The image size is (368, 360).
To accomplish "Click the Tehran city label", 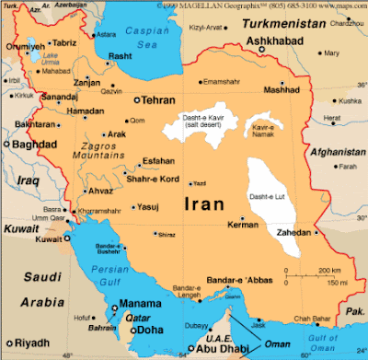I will [x=159, y=100].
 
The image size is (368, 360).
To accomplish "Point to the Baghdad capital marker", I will [x=6, y=145].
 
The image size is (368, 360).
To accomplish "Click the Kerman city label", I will [x=243, y=225].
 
